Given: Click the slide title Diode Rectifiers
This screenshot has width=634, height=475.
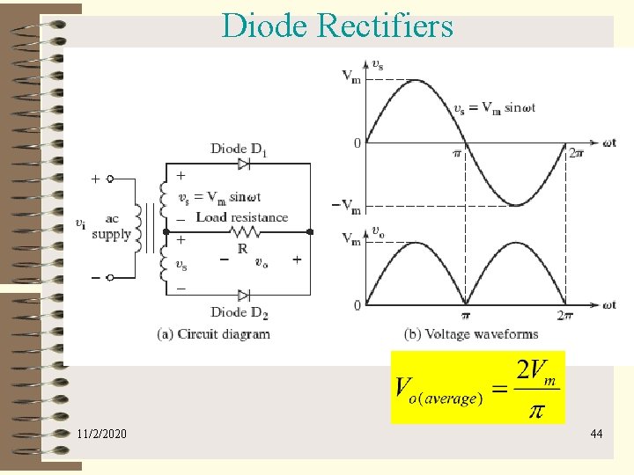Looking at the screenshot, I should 337,26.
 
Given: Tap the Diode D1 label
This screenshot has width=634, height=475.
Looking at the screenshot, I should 239,150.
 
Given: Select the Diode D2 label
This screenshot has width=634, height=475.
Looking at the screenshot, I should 239,312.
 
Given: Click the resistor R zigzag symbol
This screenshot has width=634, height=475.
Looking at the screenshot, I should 243,231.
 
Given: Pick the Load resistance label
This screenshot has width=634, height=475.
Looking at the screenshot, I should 241,217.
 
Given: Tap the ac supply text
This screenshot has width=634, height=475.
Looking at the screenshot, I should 111,227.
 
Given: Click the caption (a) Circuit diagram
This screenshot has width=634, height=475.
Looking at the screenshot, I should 213,334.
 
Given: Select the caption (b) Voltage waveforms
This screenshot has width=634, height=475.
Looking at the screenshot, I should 471,334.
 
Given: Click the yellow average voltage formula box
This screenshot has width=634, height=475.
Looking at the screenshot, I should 477,386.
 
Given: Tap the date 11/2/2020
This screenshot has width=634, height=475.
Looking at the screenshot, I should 101,434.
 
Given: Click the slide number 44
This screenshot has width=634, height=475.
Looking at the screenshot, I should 596,434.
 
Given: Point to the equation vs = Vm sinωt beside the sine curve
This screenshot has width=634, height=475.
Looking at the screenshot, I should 494,108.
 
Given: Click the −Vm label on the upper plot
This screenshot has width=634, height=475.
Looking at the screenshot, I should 346,207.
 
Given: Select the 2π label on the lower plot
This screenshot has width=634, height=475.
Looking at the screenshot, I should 565,315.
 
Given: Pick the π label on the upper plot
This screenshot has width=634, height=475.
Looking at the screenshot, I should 456,153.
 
